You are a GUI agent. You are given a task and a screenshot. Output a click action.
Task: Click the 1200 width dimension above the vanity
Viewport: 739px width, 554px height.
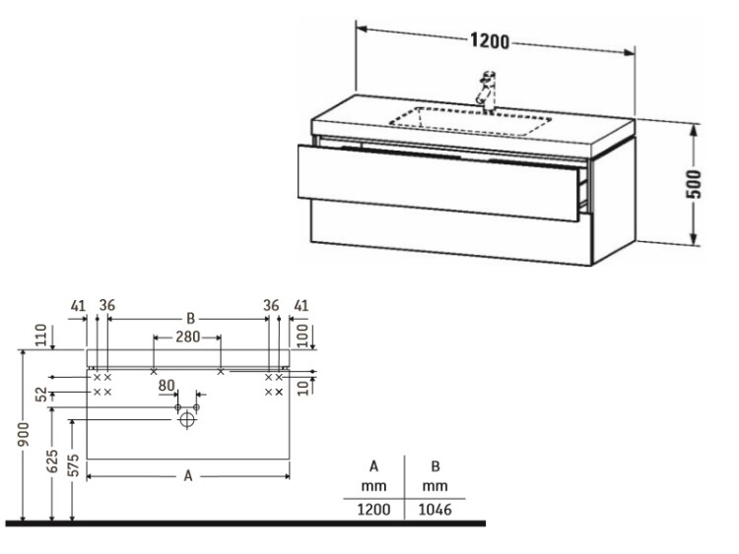490,41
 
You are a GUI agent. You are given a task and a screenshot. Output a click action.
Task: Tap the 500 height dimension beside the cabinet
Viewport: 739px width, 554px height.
695,184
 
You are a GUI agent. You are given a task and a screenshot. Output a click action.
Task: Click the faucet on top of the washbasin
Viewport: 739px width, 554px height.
487,92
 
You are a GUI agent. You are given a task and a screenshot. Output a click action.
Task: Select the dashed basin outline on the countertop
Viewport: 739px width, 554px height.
470,122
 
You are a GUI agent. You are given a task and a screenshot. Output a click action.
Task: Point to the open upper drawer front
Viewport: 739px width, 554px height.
437,183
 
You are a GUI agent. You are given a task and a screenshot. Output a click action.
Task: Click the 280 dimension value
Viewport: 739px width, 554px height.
187,337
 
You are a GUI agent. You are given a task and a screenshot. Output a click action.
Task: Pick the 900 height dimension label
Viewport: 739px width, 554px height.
24,435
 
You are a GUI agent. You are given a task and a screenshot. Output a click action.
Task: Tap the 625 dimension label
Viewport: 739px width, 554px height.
52,461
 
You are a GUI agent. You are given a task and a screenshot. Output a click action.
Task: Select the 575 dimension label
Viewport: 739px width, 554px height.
74,464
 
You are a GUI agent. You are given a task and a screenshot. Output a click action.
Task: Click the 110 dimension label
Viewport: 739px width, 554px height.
42,335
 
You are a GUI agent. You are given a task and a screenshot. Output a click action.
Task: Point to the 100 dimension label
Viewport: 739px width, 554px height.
303,336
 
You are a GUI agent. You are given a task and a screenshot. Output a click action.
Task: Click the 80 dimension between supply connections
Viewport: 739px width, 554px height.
167,386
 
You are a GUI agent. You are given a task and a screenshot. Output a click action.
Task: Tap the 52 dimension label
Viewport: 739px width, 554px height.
42,394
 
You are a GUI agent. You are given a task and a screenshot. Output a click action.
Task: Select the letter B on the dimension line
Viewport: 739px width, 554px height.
190,319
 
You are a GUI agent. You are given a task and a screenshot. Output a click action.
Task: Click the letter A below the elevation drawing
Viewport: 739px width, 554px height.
188,476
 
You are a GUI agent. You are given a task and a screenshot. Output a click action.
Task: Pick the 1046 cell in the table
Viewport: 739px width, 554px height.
435,510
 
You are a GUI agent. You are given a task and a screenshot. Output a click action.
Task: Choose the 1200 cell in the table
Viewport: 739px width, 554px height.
373,510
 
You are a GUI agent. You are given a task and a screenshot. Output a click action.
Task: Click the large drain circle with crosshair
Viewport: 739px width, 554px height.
187,419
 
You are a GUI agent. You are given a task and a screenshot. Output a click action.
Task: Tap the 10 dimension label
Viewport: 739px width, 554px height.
304,388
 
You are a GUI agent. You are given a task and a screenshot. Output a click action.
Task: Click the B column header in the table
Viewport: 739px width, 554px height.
435,475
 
